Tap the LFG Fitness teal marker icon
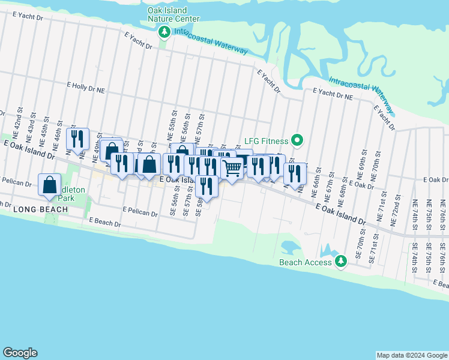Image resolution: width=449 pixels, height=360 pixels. coord(297,142)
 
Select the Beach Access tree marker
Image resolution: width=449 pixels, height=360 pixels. coord(341,262)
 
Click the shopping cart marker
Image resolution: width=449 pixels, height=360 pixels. coord(232,170)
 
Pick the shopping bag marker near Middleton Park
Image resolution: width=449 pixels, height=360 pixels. coord(49,184)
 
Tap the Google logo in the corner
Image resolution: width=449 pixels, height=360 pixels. coord(20,353)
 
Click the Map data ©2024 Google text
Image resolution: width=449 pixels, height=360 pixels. coord(412,355)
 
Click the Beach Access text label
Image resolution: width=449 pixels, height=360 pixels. coord(305,262)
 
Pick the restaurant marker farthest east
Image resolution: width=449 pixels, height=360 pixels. coord(295,173)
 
